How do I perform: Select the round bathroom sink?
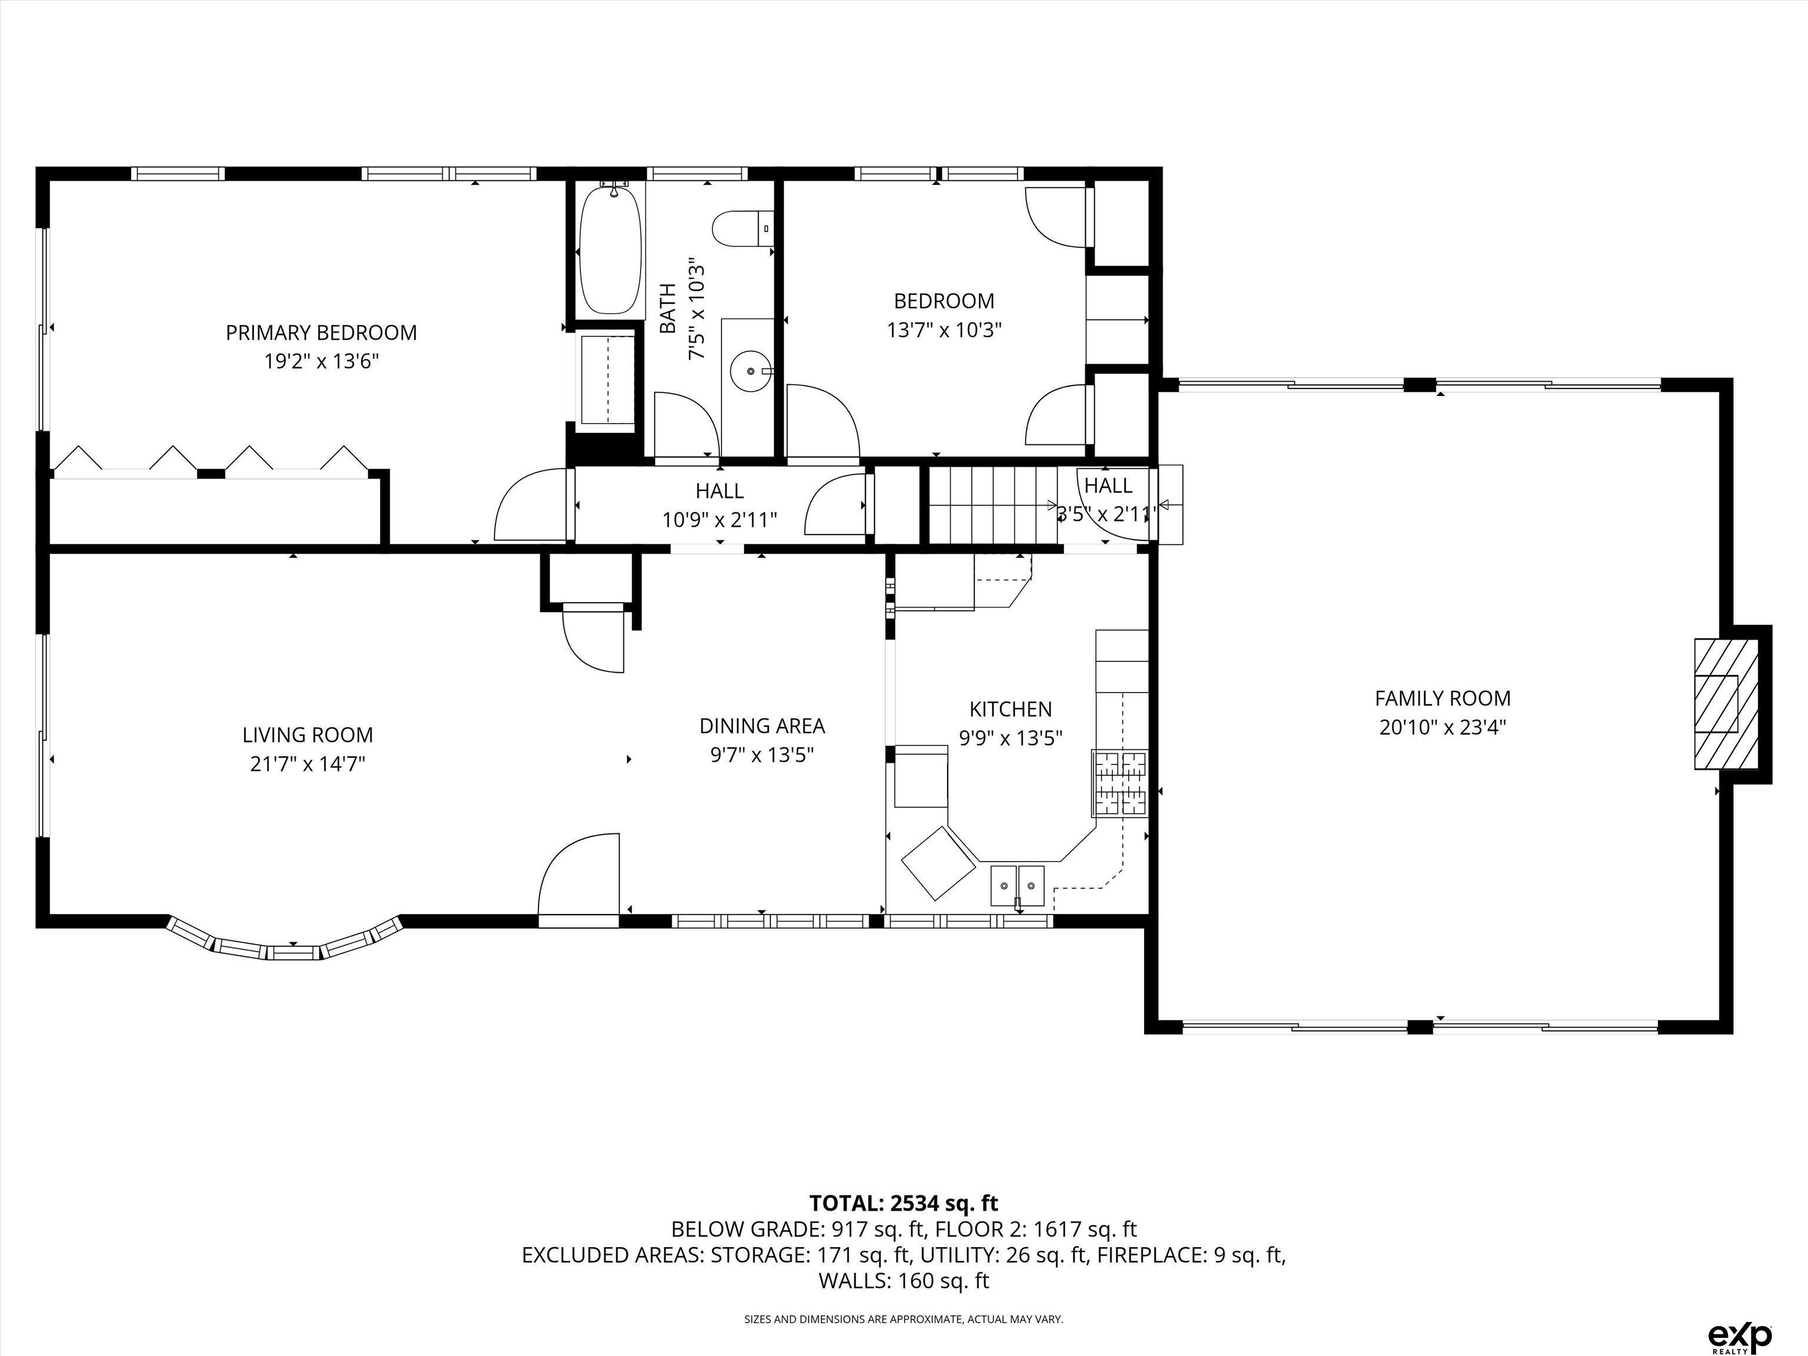[750, 372]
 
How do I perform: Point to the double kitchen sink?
[1018, 885]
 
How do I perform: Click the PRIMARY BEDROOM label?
[321, 333]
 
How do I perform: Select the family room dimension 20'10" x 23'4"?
[1443, 727]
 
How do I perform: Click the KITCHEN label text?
[1011, 709]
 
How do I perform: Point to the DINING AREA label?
[762, 726]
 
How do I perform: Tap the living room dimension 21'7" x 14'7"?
[307, 763]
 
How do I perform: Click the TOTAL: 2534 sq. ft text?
[904, 1203]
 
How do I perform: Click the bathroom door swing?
[687, 424]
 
